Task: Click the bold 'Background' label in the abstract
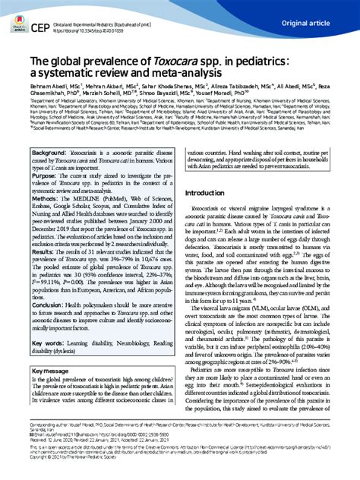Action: [x=48, y=174]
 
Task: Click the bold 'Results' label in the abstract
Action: [x=45, y=292]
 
